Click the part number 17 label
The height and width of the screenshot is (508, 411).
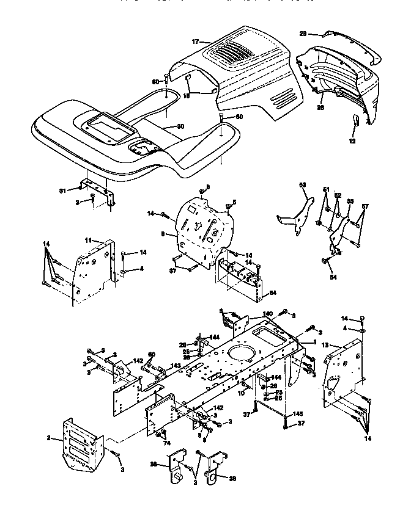(x=195, y=42)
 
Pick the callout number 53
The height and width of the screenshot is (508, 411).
(x=302, y=184)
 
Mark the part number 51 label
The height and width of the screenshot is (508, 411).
(x=326, y=189)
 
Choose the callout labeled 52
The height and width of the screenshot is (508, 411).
(x=337, y=195)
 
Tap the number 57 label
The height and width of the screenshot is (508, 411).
(x=365, y=206)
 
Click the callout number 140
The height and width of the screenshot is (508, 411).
(x=267, y=314)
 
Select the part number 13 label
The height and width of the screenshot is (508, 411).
(x=325, y=344)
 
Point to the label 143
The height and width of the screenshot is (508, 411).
(x=176, y=366)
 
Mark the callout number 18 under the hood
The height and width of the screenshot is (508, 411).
(x=187, y=95)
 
